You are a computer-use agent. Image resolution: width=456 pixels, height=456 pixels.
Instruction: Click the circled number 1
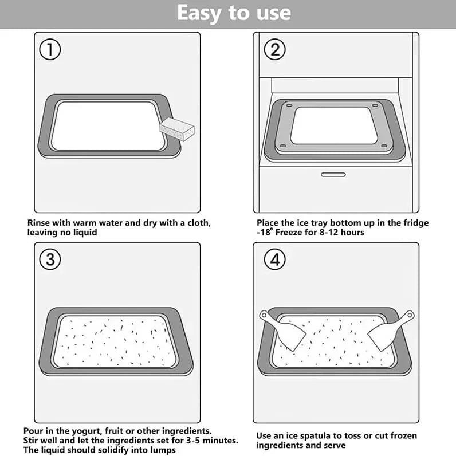coord(50,50)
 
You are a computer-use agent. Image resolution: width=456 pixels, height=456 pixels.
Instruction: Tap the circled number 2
coord(274,50)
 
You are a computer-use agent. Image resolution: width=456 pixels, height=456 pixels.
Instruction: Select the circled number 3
coord(50,260)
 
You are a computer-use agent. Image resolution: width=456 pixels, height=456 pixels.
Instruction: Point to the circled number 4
coord(274,260)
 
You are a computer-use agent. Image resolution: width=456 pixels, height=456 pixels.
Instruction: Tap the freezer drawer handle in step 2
coord(332,174)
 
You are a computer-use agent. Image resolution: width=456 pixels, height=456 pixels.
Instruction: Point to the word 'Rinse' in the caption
coord(40,223)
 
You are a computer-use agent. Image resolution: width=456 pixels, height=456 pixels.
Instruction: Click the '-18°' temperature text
coord(266,233)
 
